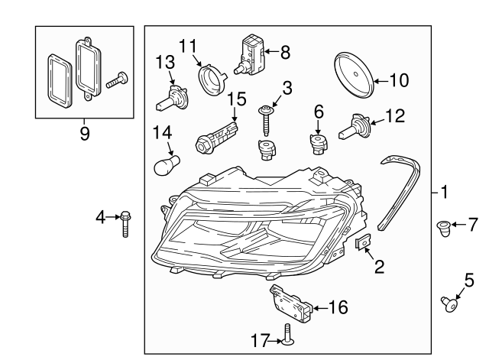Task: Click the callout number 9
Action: point(84,134)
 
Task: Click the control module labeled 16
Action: point(291,303)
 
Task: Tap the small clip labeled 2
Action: point(364,242)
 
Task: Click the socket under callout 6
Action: point(318,144)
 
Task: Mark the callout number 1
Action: point(445,191)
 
